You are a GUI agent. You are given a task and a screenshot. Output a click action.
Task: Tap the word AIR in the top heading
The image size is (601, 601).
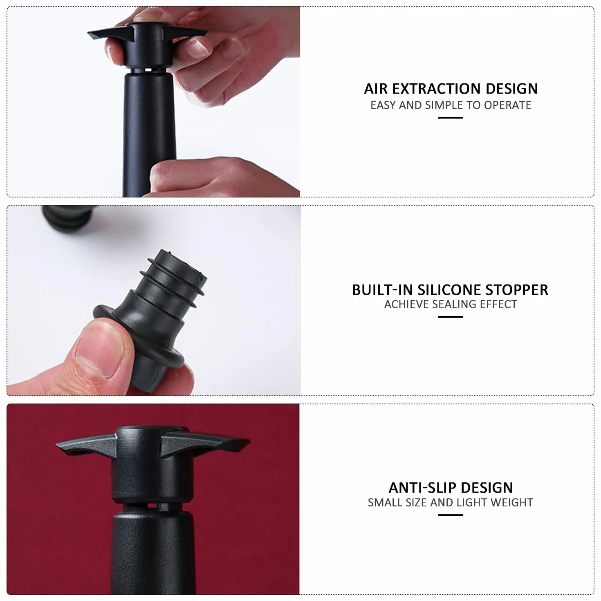click(376, 89)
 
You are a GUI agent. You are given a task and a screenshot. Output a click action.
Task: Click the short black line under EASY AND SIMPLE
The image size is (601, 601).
click(451, 118)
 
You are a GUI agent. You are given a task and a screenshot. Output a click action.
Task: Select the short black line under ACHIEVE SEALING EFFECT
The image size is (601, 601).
click(451, 317)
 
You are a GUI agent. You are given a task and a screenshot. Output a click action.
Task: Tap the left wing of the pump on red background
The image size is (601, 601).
click(86, 445)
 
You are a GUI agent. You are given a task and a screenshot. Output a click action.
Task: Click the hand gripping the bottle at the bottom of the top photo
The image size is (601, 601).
click(218, 178)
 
